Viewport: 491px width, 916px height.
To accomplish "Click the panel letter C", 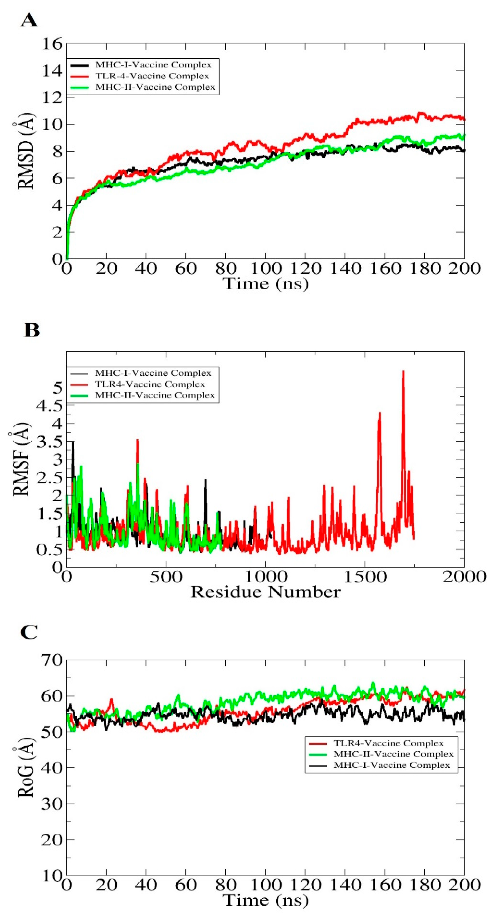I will pos(29,633).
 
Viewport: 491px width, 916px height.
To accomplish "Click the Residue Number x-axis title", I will pos(265,592).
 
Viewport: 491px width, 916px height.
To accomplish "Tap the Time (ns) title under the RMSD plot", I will pos(265,283).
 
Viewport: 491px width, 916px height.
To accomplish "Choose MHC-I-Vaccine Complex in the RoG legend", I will pos(392,765).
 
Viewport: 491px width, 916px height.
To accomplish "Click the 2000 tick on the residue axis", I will pos(464,576).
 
